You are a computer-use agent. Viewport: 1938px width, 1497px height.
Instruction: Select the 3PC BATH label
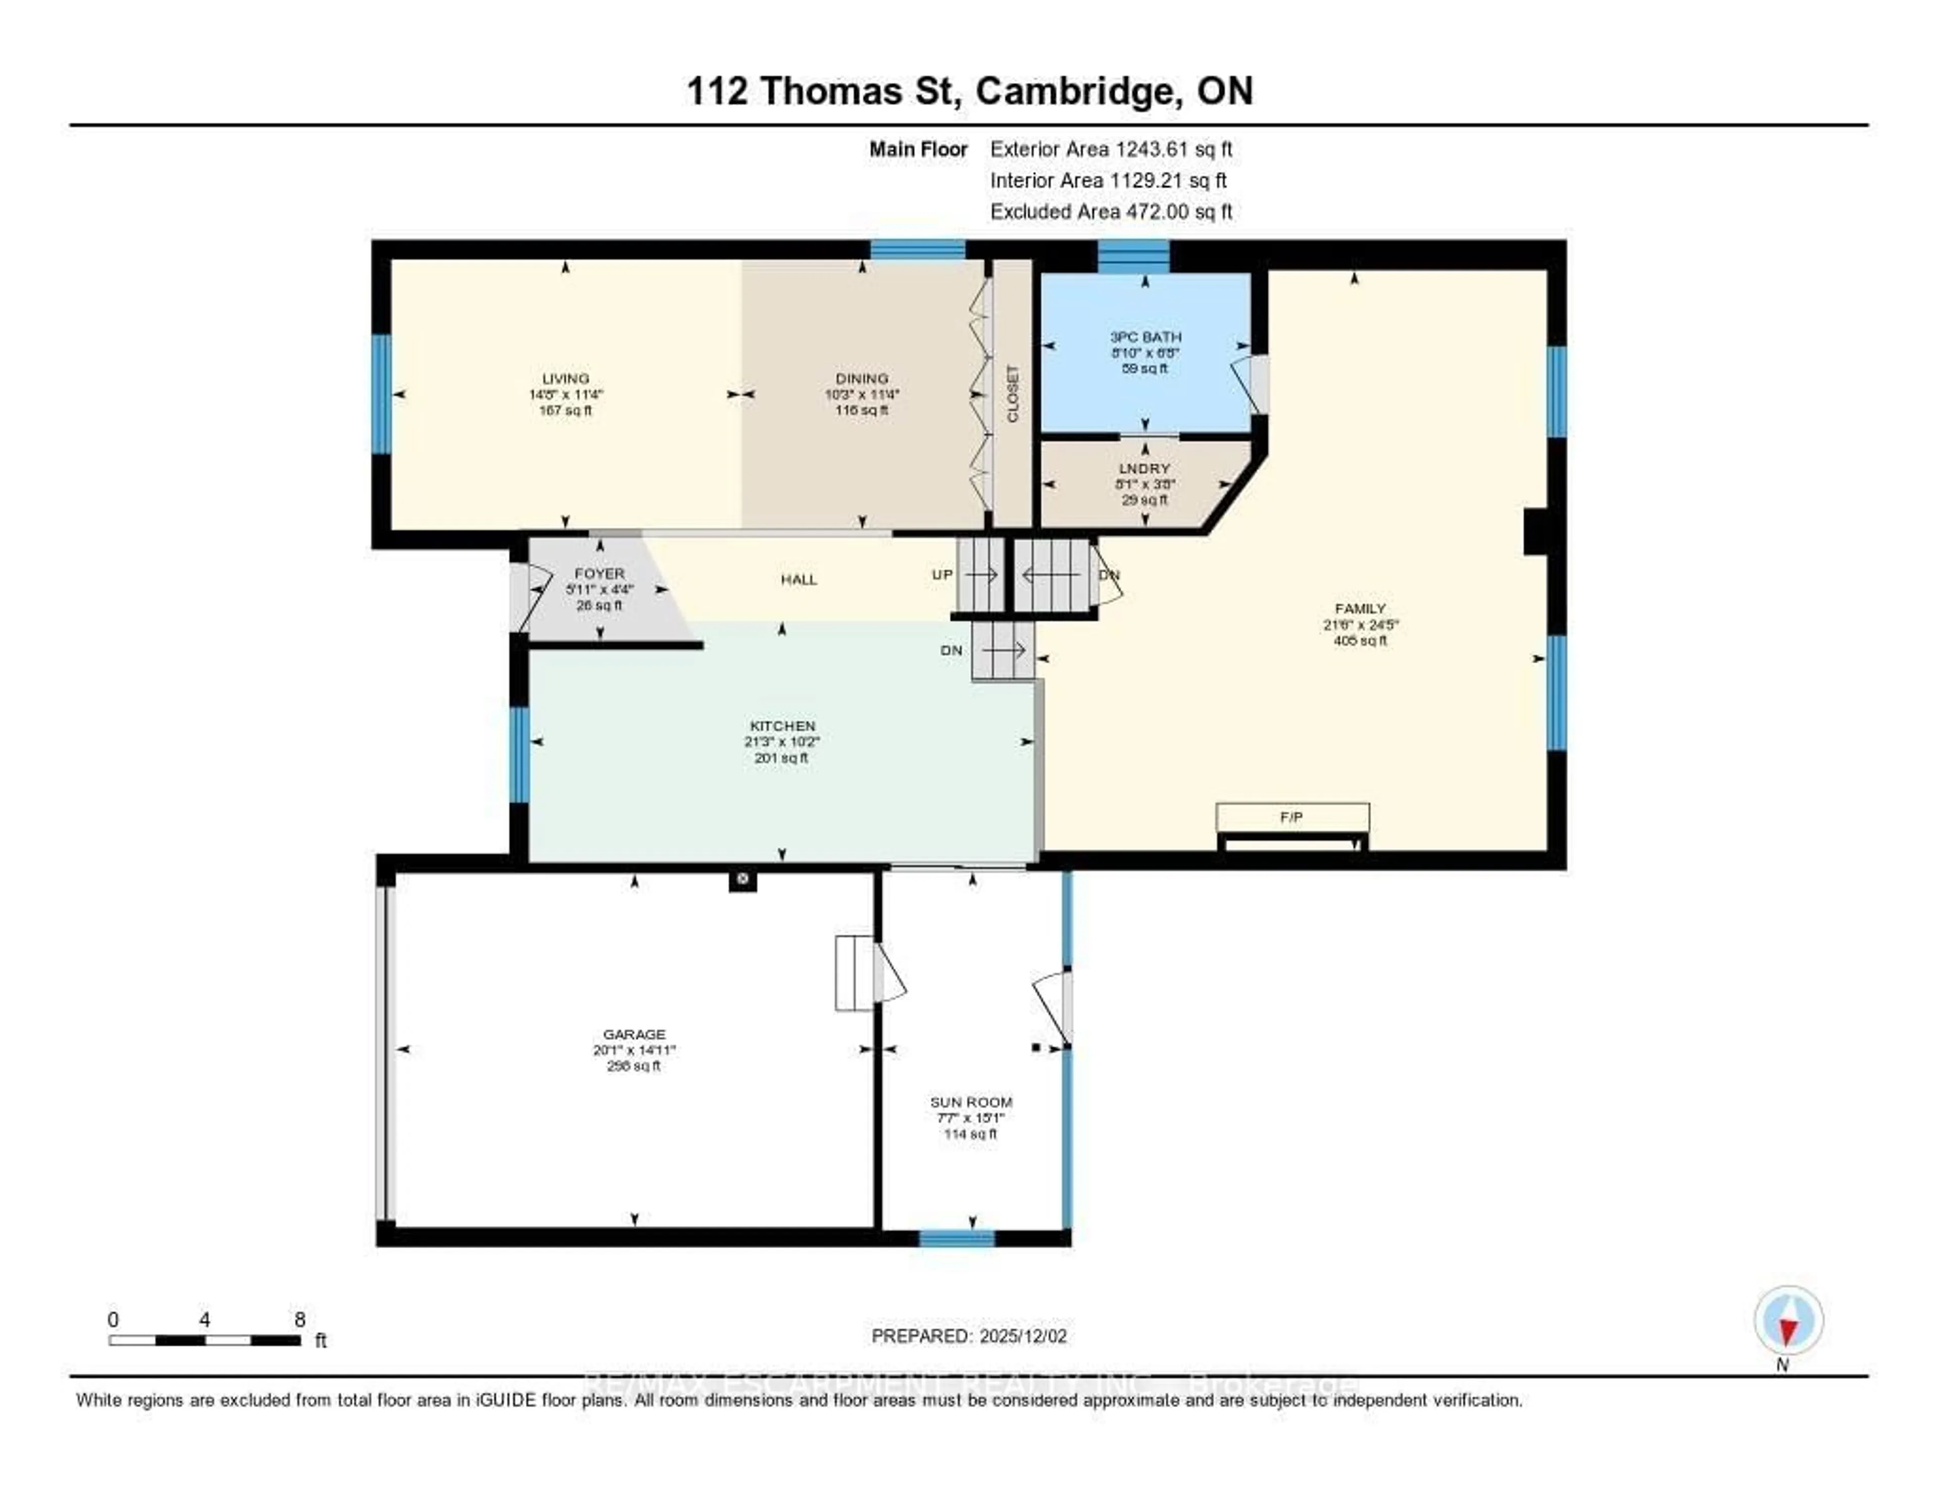pyautogui.click(x=1145, y=337)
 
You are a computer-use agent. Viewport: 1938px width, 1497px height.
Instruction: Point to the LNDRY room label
pyautogui.click(x=1144, y=468)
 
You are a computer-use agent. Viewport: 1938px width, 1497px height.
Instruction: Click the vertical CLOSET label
pyautogui.click(x=1012, y=394)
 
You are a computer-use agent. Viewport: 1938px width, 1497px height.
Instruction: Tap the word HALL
pyautogui.click(x=798, y=579)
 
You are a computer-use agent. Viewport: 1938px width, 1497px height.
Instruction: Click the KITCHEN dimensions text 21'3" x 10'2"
pyautogui.click(x=782, y=742)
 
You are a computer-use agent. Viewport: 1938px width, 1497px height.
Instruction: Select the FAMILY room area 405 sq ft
pyautogui.click(x=1360, y=640)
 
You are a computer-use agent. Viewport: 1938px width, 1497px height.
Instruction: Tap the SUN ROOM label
pyautogui.click(x=971, y=1102)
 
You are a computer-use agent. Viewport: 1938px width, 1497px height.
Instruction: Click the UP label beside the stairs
pyautogui.click(x=942, y=575)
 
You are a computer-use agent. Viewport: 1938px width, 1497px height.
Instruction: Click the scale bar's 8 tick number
pyautogui.click(x=300, y=1319)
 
